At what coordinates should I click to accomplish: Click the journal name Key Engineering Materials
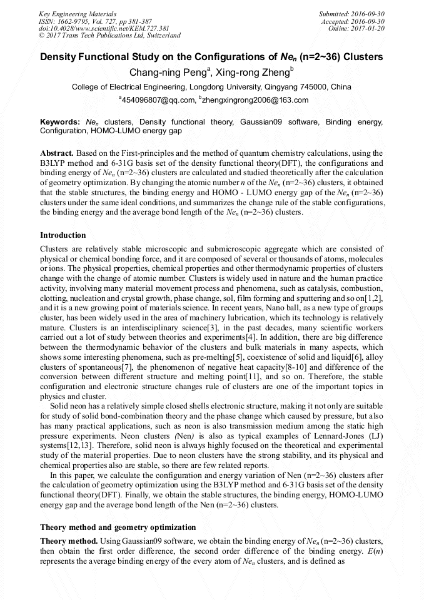point(77,13)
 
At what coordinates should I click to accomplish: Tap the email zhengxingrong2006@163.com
point(256,100)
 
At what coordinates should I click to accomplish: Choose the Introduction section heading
point(63,235)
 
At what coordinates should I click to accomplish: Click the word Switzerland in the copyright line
point(158,36)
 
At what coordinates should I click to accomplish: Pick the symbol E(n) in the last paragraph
point(374,551)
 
